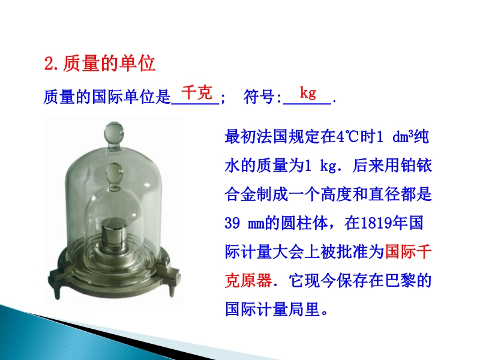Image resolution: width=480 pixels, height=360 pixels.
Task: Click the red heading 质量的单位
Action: click(109, 64)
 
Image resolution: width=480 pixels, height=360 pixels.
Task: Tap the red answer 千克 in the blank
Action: click(197, 92)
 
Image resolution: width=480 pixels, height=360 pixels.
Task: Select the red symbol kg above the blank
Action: click(308, 92)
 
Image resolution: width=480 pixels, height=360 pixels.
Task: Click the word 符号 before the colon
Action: click(259, 97)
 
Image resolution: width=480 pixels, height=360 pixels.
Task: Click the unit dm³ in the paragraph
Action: click(403, 136)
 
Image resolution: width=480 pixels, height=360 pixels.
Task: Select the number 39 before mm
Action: click(232, 223)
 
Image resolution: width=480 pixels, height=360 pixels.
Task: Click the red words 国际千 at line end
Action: click(408, 251)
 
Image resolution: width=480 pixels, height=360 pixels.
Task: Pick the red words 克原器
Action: click(248, 280)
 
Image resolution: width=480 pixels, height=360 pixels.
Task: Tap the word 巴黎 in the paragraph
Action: click(400, 280)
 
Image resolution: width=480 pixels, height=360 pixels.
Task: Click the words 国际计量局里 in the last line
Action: click(272, 309)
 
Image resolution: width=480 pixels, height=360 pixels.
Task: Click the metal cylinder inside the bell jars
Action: click(114, 236)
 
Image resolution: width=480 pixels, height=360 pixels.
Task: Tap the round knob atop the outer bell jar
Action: click(114, 133)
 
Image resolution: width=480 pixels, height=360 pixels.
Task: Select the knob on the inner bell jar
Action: click(114, 173)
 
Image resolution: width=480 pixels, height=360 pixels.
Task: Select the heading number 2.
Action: click(49, 64)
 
